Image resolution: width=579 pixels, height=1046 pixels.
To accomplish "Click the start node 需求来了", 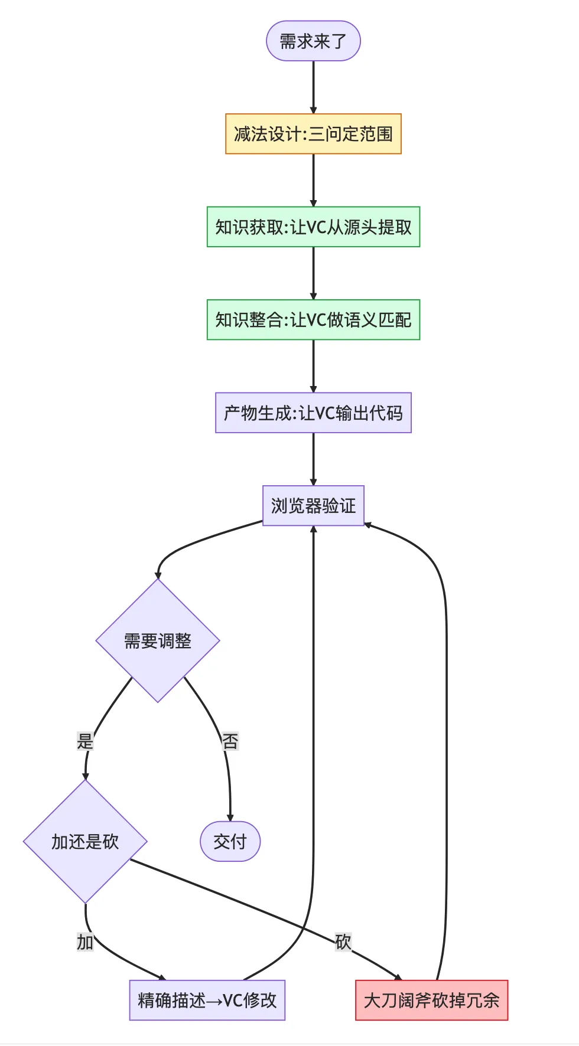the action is [313, 41].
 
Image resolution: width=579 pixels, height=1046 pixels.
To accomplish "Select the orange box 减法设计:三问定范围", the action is [313, 134].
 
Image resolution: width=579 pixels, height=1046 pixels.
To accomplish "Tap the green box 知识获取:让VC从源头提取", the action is [313, 227].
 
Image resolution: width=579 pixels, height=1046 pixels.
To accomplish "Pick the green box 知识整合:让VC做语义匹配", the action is [313, 320].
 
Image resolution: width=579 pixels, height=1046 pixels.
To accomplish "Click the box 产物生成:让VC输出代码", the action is [313, 413].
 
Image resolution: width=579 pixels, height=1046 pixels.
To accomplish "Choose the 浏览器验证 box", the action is [313, 506].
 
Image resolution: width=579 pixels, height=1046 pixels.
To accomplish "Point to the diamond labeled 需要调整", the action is [158, 640].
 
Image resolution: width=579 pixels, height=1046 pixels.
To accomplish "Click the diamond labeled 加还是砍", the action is [85, 842].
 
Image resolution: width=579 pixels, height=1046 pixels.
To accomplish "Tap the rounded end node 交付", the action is [230, 842].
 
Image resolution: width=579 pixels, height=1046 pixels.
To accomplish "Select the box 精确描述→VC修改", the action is [207, 1000].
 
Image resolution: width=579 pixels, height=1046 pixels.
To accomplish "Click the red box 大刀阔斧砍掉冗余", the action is [431, 1000].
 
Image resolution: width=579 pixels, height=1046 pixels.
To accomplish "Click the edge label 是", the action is [85, 741].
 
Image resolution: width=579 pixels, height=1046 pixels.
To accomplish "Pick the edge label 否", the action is [230, 741].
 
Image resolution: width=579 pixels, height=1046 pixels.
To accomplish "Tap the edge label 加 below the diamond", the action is [85, 942].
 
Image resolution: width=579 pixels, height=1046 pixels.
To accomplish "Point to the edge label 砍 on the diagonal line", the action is [343, 942].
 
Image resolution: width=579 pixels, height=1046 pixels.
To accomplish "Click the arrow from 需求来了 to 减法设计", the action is [313, 87].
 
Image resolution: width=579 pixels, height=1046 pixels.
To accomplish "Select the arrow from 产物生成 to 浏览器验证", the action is [313, 459].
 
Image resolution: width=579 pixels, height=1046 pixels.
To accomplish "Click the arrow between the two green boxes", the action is [313, 273].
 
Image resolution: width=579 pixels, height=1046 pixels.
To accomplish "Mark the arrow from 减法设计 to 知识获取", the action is [313, 180].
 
